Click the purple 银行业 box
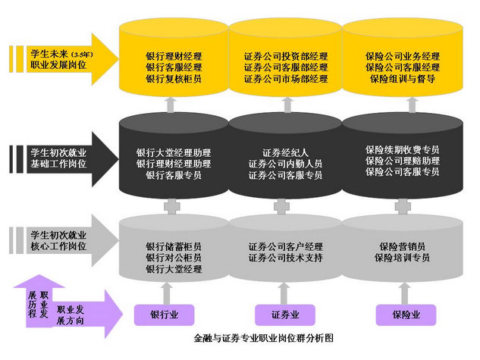[x=165, y=314]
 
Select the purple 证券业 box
[x=285, y=314]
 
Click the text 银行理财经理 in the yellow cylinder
[x=174, y=57]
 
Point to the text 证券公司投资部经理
[x=286, y=57]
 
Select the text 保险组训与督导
[x=401, y=79]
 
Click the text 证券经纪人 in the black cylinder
[x=286, y=152]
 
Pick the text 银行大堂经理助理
[x=174, y=152]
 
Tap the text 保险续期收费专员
[x=401, y=150]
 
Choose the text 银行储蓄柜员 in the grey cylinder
[x=174, y=247]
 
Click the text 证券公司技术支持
[x=286, y=258]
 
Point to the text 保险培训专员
[x=401, y=258]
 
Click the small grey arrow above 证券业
[x=285, y=291]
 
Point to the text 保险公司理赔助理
[x=401, y=161]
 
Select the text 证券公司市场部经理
[x=286, y=79]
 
